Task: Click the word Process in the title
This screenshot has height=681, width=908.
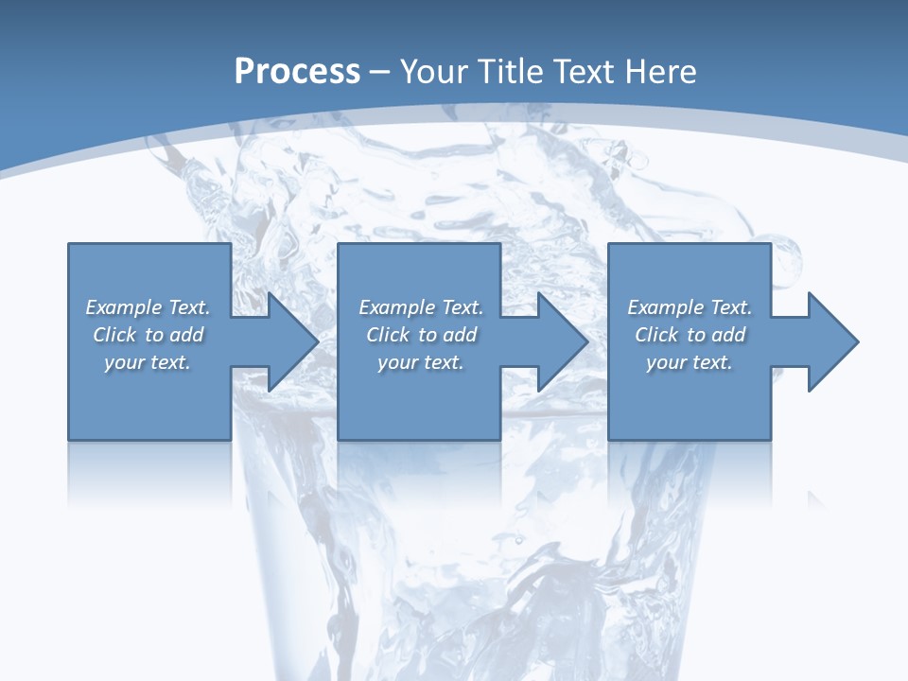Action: coord(297,72)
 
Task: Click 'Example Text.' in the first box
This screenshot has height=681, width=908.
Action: coord(148,307)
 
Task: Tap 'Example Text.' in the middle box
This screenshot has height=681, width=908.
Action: coord(420,307)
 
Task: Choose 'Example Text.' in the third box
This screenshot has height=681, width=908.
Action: coord(690,307)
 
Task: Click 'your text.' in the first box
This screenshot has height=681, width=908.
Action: coord(148,362)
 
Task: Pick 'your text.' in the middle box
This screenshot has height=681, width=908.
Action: coord(420,362)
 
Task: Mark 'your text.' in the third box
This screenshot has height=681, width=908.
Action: coord(690,362)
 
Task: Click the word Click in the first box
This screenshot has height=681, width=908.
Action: coord(114,335)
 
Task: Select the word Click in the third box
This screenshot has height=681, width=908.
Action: coord(656,335)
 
